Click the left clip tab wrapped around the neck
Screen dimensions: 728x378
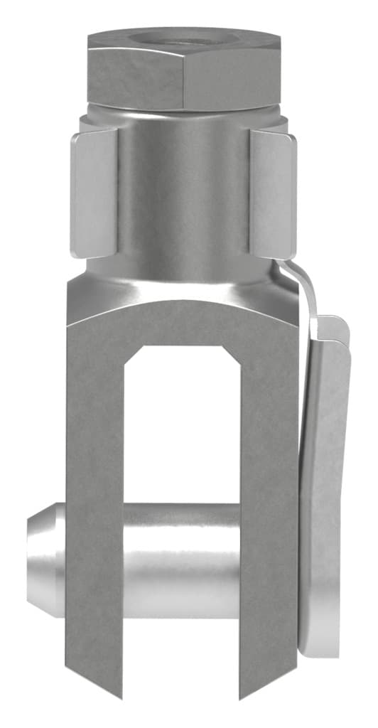(94, 192)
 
